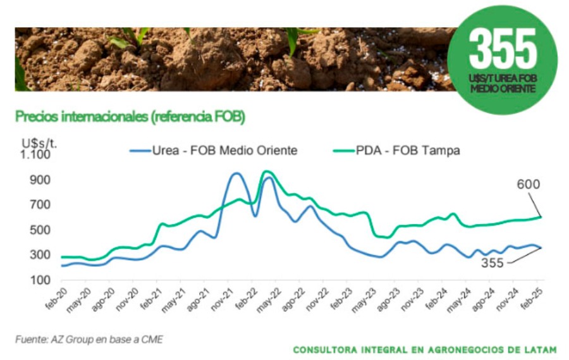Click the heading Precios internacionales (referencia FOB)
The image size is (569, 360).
130,116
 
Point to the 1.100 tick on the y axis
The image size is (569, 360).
35,154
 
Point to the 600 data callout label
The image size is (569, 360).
528,185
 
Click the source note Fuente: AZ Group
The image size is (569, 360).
89,340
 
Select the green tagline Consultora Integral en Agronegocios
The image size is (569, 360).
425,349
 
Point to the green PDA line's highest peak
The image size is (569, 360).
266,171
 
